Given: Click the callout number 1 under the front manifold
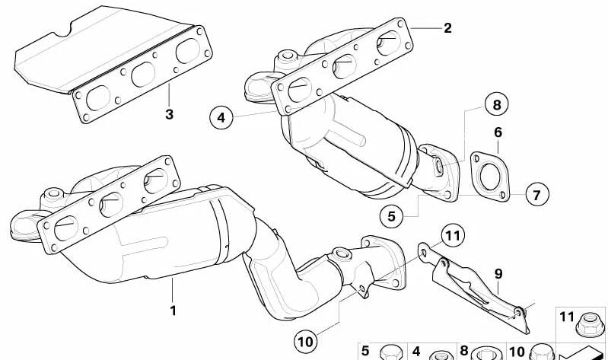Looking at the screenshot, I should pyautogui.click(x=173, y=311).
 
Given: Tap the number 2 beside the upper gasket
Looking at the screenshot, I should pyautogui.click(x=447, y=28).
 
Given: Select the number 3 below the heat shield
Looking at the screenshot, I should pyautogui.click(x=169, y=114).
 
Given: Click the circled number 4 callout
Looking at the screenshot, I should pyautogui.click(x=221, y=117).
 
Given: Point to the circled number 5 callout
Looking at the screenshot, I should pyautogui.click(x=391, y=216).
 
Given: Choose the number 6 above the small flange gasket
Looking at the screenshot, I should pyautogui.click(x=498, y=132).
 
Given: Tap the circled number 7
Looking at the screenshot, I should pyautogui.click(x=536, y=195).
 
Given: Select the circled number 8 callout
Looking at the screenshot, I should pyautogui.click(x=496, y=104).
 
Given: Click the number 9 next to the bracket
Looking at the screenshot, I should pyautogui.click(x=498, y=272).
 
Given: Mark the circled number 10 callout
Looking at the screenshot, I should pyautogui.click(x=306, y=341).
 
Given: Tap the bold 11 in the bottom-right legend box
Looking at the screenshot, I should pyautogui.click(x=566, y=317).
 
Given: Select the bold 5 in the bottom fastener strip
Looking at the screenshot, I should pyautogui.click(x=364, y=351).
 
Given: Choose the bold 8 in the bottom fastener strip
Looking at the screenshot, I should pyautogui.click(x=463, y=351).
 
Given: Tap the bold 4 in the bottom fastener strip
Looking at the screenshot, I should pyautogui.click(x=415, y=351).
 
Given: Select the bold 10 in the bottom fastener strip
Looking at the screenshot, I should pyautogui.click(x=517, y=351).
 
